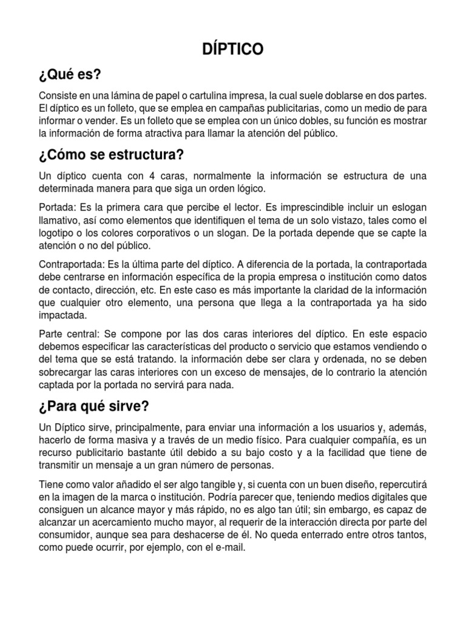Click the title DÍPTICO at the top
point(233,50)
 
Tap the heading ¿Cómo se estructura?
point(111,155)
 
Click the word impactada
point(63,315)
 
